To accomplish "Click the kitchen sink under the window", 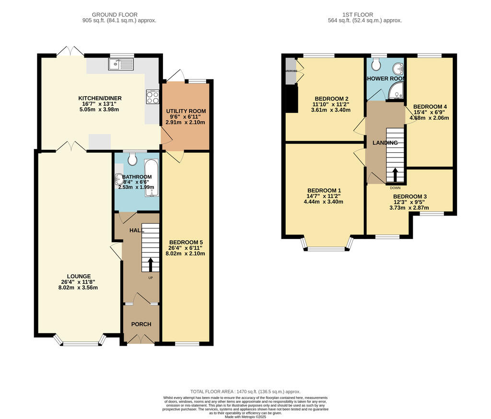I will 120,64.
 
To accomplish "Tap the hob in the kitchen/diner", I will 152,97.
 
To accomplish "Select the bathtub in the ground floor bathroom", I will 151,177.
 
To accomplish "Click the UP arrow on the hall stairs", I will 151,264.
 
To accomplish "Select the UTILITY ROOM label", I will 186,111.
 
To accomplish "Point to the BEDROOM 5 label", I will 185,242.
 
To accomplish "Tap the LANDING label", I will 386,143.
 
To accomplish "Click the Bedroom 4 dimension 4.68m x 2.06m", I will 430,118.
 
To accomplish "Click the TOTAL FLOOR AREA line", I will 245,392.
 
